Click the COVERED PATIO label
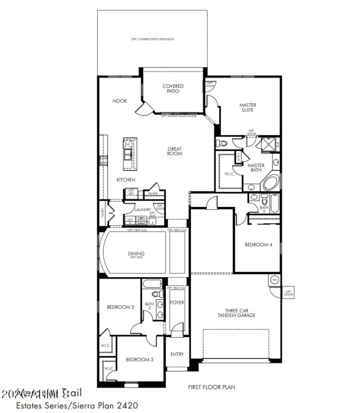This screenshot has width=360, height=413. pos(173,88)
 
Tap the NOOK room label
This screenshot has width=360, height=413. pos(119,101)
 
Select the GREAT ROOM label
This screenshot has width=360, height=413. pos(175,151)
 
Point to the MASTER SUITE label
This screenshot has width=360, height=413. pos(248,107)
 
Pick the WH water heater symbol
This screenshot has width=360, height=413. pos(274,279)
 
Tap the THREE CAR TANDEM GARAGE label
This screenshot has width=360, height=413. pos(240,313)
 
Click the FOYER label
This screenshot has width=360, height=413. pos(177,302)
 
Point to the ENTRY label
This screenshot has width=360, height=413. pos(177,354)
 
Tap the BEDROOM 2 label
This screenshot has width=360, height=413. pos(120,307)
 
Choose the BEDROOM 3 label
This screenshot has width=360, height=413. pos(139,359)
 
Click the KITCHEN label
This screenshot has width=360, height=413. pos(126,180)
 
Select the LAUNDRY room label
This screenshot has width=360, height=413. pos(143,210)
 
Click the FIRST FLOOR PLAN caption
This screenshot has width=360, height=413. pos(211,386)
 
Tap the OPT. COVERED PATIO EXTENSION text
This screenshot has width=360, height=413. pos(153,40)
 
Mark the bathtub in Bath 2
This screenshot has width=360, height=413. pos(151,284)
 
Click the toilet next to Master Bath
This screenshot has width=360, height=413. pos(221,144)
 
